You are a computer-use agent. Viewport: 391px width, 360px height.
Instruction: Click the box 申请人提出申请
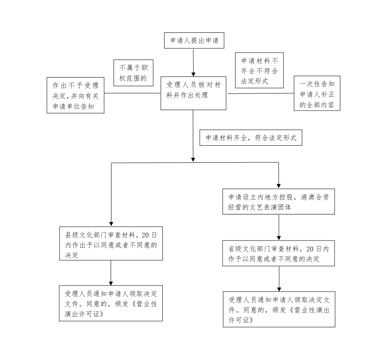194,40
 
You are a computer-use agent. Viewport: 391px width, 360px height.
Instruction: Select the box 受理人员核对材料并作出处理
193,93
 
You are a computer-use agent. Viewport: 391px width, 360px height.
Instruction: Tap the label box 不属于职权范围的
133,73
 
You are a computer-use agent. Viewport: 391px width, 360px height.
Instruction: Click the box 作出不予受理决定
75,95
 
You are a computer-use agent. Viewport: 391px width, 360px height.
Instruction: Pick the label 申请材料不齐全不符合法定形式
259,70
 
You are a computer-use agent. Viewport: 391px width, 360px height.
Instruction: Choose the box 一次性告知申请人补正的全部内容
317,94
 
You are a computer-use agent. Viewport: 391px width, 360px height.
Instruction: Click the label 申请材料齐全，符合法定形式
251,138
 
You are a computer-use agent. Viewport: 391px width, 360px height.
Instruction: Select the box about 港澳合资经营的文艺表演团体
278,202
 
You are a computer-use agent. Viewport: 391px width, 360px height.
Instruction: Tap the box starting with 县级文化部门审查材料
111,243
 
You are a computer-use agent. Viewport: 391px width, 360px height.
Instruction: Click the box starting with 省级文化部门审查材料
278,253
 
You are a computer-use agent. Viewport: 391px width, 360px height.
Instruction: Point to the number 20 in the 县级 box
145,235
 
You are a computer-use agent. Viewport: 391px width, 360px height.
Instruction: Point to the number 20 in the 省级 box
310,249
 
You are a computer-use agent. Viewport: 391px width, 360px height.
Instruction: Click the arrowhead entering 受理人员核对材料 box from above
193,75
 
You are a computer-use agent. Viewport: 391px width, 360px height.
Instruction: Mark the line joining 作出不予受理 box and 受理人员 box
132,93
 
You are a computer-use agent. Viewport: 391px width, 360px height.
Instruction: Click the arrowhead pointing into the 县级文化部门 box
111,224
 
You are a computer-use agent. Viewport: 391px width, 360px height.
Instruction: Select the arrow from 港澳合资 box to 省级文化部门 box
279,227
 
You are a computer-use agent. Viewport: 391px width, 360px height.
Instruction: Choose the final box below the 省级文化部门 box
279,309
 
